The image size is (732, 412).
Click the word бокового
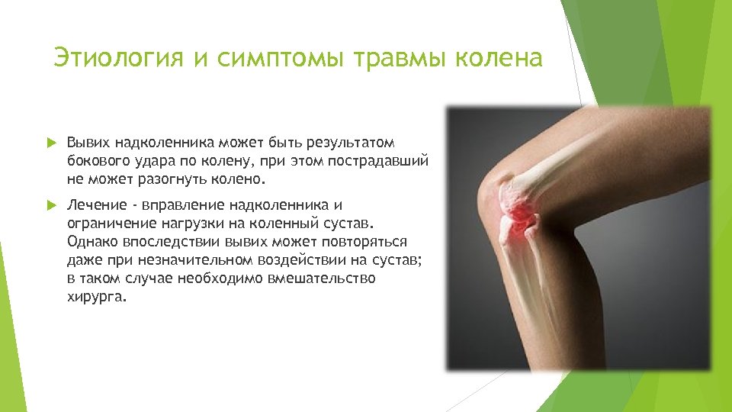click(x=95, y=162)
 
